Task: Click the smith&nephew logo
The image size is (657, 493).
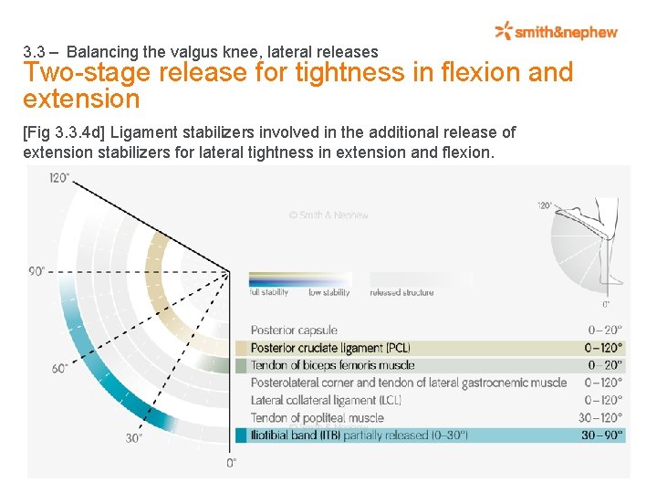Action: (556, 32)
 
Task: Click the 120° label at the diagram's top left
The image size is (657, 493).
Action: (60, 177)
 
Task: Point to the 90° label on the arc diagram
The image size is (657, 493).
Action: (37, 271)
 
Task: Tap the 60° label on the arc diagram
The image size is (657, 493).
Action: (59, 369)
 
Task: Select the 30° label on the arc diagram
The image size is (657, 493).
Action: (135, 438)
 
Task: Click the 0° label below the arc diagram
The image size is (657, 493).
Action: (231, 463)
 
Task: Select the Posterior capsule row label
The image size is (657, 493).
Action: (294, 330)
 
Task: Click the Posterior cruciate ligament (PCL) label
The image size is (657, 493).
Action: (330, 348)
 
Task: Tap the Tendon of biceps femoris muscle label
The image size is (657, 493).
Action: (332, 365)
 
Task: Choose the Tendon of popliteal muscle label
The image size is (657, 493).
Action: (317, 418)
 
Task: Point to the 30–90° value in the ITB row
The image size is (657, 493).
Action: (602, 435)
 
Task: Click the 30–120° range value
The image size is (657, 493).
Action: (600, 418)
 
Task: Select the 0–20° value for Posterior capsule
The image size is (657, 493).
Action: (605, 330)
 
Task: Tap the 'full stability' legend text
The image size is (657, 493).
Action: (269, 293)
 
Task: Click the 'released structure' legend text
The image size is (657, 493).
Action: (401, 293)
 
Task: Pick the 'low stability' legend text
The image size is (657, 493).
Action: (328, 293)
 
